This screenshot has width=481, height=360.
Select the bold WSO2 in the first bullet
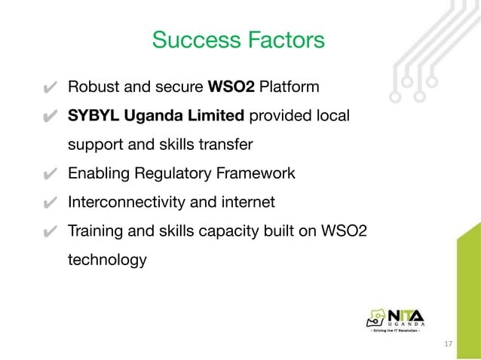point(231,87)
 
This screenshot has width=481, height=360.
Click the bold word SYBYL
point(91,116)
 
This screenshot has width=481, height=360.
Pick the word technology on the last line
point(107,261)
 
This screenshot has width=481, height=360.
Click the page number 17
point(449,344)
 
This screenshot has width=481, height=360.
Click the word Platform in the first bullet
point(289,87)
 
